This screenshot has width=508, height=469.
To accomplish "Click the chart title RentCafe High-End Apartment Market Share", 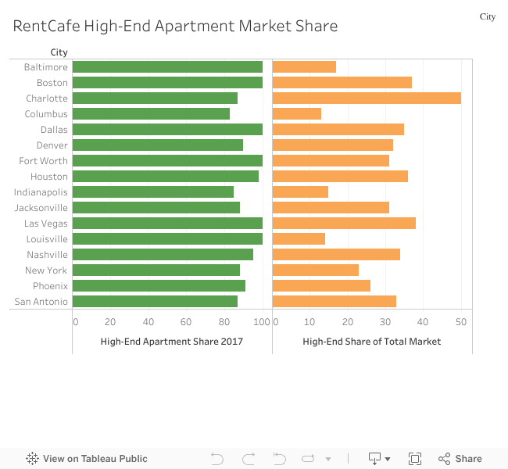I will [175, 26].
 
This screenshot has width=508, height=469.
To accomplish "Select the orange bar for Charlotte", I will [367, 98].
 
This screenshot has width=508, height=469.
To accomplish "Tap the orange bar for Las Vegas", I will [344, 224].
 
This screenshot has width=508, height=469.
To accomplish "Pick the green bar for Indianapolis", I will [153, 192].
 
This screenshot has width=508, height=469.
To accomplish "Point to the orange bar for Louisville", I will [299, 239].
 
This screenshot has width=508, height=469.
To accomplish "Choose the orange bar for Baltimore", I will [304, 67].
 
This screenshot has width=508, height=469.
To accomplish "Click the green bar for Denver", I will [158, 145].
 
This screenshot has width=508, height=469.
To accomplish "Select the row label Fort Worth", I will [44, 161].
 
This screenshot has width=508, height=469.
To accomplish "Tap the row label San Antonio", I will [41, 302].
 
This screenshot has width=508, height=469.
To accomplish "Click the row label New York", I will [46, 270].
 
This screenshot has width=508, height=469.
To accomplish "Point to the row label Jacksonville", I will [41, 208].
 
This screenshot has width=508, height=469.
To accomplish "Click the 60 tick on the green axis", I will [186, 321].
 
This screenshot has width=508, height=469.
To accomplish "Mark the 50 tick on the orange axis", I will [461, 321].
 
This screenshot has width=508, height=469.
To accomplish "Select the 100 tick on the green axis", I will [262, 321].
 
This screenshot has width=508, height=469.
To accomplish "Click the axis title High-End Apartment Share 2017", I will [171, 342].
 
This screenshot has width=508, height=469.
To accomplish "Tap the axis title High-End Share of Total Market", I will [371, 342].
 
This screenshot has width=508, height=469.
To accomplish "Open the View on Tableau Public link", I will [87, 459].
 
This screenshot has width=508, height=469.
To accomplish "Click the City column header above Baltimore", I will [59, 52].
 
